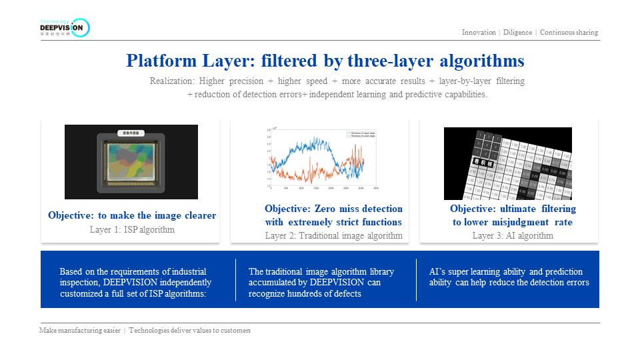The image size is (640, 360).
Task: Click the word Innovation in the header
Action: (x=479, y=33)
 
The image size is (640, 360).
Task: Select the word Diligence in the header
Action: (x=518, y=33)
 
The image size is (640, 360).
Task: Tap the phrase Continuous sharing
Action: (x=569, y=33)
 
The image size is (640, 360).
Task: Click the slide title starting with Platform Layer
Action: (x=325, y=61)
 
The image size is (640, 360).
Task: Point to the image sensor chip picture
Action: (x=131, y=162)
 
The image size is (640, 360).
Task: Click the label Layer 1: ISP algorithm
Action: (x=132, y=230)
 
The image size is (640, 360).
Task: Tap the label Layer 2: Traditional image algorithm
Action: (x=333, y=235)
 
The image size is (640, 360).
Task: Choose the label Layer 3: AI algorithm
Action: (x=513, y=235)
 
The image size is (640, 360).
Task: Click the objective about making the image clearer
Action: (x=132, y=216)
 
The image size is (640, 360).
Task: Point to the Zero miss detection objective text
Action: (x=333, y=215)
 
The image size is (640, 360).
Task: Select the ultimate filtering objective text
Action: (x=512, y=215)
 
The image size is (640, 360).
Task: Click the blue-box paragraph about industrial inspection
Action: (x=133, y=282)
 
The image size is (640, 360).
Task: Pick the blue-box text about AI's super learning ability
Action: (x=509, y=277)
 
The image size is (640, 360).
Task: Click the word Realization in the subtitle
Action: (x=172, y=81)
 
